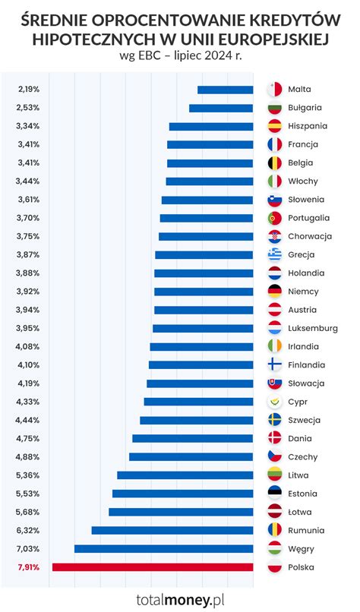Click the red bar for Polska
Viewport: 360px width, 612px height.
pyautogui.click(x=152, y=567)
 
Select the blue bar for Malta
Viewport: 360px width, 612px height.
pyautogui.click(x=225, y=90)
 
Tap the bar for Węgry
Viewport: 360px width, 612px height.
pyautogui.click(x=163, y=548)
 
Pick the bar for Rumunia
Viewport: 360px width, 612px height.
pyautogui.click(x=172, y=530)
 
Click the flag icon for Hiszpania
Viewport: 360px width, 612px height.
pyautogui.click(x=275, y=126)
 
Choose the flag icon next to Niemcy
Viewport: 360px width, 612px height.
pyautogui.click(x=275, y=292)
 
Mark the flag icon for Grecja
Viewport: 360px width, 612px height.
pyautogui.click(x=275, y=254)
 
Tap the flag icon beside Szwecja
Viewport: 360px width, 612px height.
pyautogui.click(x=275, y=420)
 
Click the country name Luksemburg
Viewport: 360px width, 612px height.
pyautogui.click(x=313, y=328)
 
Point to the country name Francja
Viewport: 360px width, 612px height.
pyautogui.click(x=303, y=144)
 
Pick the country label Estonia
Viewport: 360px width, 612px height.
pyautogui.click(x=304, y=494)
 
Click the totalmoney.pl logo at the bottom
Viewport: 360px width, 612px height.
pyautogui.click(x=180, y=599)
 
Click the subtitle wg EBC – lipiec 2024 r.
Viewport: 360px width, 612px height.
pyautogui.click(x=180, y=55)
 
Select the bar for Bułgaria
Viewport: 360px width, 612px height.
pyautogui.click(x=221, y=108)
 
